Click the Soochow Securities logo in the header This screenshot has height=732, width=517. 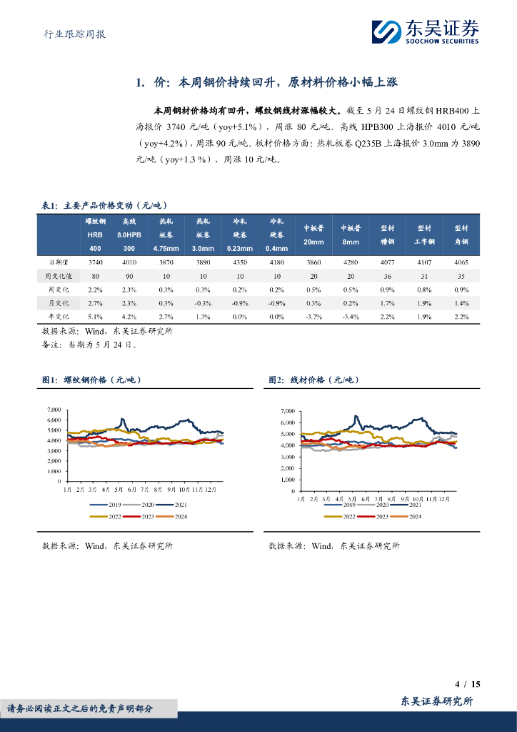425,31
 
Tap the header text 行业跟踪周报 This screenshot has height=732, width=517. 70,33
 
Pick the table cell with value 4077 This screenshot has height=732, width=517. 387,262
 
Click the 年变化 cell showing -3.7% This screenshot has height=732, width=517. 313,316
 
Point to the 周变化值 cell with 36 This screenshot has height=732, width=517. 387,275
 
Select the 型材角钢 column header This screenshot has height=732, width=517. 461,234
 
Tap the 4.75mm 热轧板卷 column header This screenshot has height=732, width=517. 166,234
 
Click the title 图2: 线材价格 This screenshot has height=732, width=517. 313,380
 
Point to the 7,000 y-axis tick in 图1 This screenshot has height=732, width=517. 54,410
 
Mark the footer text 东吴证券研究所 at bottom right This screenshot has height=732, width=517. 436,701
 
